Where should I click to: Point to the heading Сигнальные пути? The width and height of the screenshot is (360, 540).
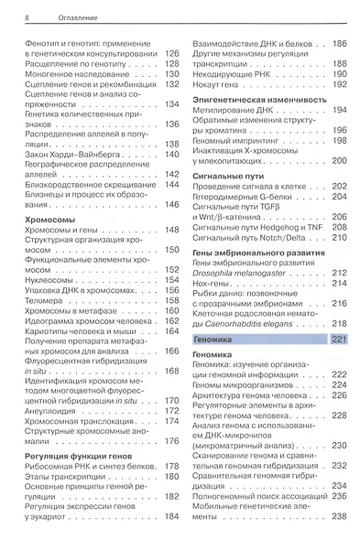click(x=224, y=173)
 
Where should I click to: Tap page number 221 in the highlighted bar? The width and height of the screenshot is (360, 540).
click(x=338, y=340)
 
